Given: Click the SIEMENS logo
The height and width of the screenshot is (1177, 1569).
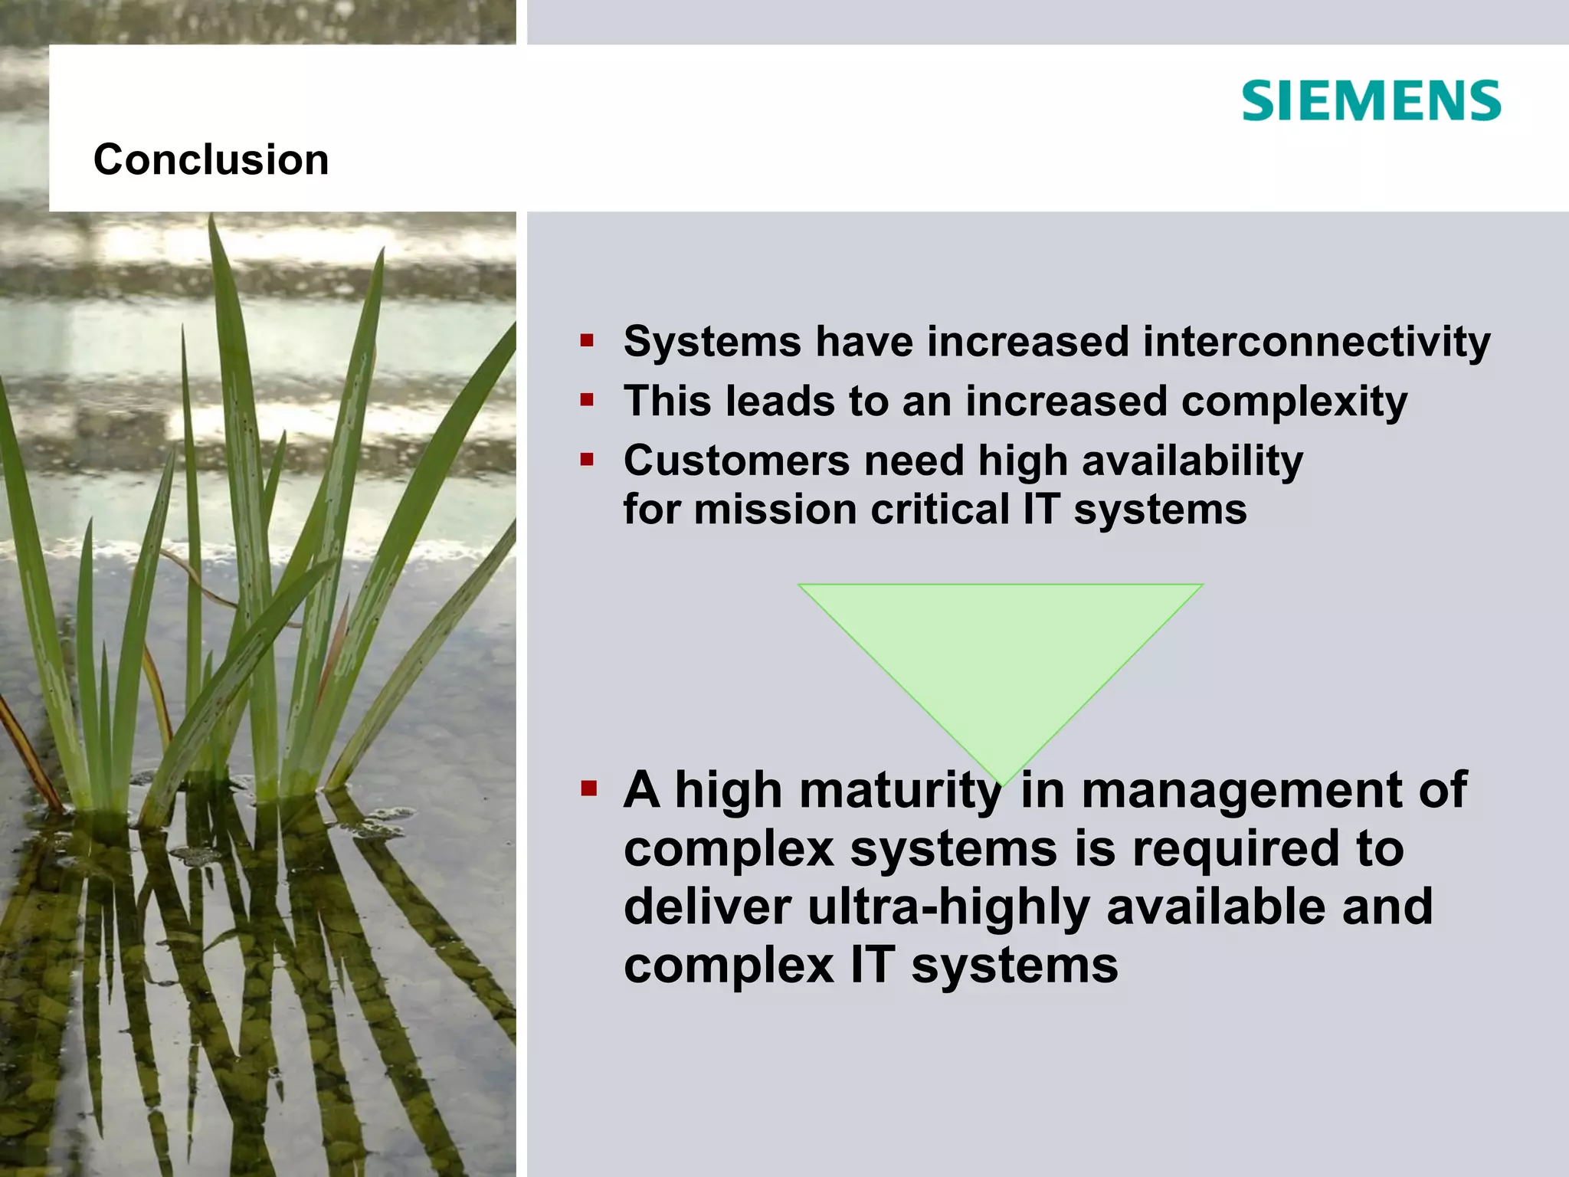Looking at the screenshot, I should point(1371,101).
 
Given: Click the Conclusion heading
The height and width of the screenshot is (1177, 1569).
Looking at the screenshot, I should point(211,159).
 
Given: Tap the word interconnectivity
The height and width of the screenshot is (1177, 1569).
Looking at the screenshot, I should point(1316,341).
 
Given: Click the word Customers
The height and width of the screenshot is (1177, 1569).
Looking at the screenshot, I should point(736,461).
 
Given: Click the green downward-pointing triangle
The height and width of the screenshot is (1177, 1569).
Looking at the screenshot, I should point(1001,659).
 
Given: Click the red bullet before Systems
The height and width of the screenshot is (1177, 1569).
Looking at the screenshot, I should point(587,341).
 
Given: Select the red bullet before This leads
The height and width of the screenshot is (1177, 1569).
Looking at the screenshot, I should point(587,400).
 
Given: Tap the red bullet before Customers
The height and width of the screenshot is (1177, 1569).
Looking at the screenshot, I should point(587,460).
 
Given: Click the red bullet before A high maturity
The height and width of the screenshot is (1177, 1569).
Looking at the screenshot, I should point(588,788).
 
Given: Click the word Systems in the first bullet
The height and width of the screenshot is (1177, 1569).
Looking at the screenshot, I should point(712,341).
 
